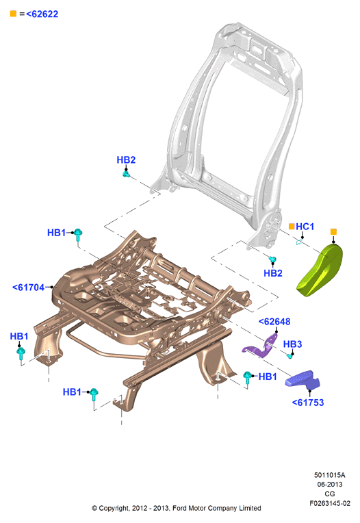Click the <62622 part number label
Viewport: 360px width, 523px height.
[x=42, y=14]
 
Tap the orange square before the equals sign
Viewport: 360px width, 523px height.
[x=13, y=14]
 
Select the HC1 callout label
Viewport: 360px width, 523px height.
[x=305, y=227]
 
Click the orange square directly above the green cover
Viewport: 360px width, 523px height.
[x=333, y=231]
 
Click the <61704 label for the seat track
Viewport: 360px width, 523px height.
[x=28, y=288]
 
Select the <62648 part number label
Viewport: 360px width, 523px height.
[x=274, y=322]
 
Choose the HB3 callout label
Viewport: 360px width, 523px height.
[x=292, y=344]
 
